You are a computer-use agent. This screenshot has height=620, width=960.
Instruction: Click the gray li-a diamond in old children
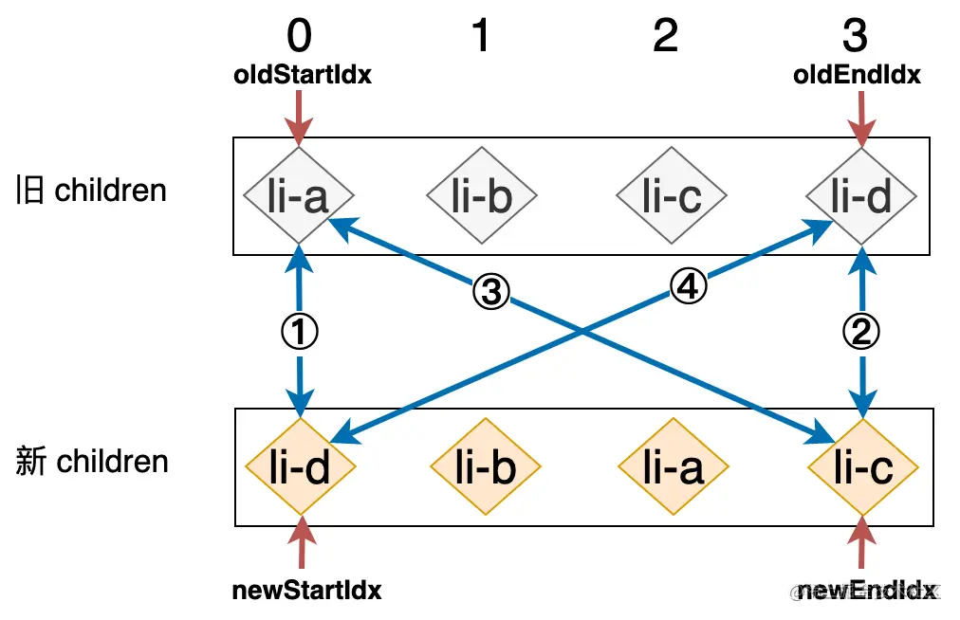pos(299,196)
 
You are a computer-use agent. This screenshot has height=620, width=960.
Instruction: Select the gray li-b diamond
pos(482,196)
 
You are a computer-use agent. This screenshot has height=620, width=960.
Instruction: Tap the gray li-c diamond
pos(672,196)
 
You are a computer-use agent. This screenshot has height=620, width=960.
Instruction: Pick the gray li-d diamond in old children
pos(861,196)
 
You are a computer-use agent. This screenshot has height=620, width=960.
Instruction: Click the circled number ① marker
pos(300,331)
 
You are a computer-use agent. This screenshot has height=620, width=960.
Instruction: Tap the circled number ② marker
pos(861,331)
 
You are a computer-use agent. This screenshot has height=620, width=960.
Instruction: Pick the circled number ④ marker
pos(688,285)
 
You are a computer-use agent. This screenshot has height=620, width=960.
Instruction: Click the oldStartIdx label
pos(303,75)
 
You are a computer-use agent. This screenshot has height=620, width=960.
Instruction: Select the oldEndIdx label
pos(857,75)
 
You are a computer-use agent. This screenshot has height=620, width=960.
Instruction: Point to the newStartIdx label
pos(306,590)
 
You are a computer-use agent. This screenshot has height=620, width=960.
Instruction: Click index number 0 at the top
pos(299,36)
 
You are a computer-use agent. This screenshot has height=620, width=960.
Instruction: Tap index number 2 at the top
pos(666,36)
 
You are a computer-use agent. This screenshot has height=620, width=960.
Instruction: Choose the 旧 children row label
pos(91,191)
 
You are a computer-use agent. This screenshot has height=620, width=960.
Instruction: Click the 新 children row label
pos(92,463)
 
